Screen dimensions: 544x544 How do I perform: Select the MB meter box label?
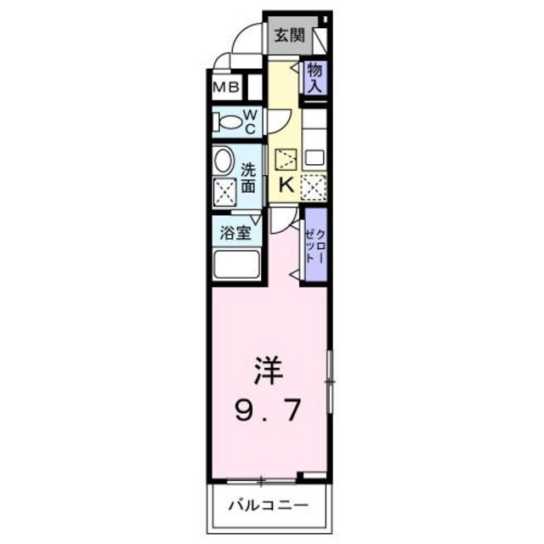224,87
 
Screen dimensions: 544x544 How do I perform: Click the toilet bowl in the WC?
227,121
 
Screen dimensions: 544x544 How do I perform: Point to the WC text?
252,121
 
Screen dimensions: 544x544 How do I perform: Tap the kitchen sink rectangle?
315,156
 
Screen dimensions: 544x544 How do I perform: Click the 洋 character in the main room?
267,371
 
